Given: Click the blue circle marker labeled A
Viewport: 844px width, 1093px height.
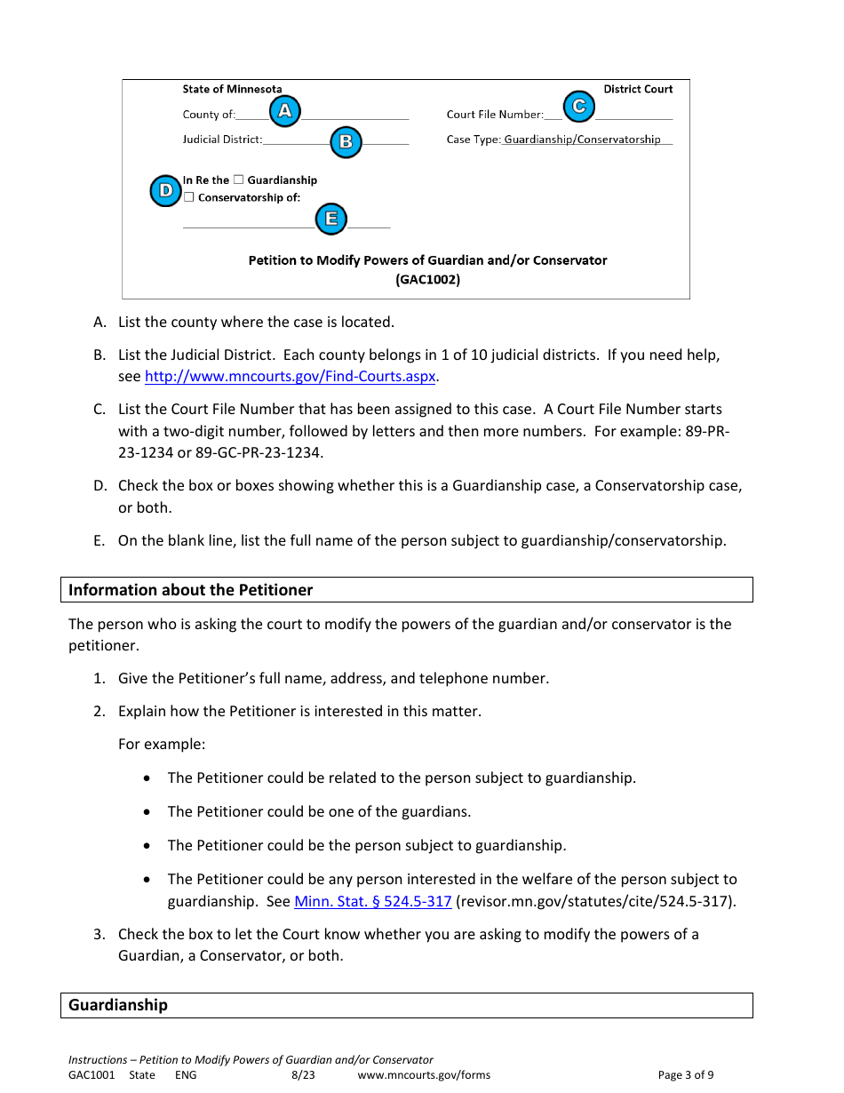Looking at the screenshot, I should pos(284,111).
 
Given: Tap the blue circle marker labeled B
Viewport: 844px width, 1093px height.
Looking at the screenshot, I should pos(346,141).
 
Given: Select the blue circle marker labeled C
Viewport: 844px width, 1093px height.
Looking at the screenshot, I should pos(578,107).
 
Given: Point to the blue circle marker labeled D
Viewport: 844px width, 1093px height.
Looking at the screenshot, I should pos(165,190).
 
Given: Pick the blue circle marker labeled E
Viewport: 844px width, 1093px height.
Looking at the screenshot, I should pos(331,219).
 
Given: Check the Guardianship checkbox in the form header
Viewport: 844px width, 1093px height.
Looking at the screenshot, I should pos(238,180).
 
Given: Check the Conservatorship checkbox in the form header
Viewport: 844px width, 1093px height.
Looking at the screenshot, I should pos(188,197).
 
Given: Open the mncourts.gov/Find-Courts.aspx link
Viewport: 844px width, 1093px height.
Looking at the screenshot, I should pos(290,377).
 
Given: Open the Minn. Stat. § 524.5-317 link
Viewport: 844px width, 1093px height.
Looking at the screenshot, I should pos(373,902).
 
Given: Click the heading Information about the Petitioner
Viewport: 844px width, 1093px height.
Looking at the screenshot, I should pos(191,590).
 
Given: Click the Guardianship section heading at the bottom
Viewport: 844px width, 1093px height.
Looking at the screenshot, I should pos(118,1005).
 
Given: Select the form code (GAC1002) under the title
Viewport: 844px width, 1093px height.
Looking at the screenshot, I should pos(427,279).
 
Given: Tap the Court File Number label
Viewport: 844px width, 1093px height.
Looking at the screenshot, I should pos(494,115).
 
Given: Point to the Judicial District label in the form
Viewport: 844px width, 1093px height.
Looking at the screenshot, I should pos(222,140).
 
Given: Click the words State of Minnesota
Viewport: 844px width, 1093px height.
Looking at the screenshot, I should pos(232,89).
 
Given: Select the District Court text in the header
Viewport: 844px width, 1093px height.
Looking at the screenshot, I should pos(638,89).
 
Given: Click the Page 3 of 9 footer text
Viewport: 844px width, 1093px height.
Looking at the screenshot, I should pos(685,1075).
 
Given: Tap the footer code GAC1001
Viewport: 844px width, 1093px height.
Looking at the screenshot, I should pos(92,1075).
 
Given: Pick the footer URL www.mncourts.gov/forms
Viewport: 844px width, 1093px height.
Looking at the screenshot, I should pos(424,1075).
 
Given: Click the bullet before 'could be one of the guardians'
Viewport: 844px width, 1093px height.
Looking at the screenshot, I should pos(147,812).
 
